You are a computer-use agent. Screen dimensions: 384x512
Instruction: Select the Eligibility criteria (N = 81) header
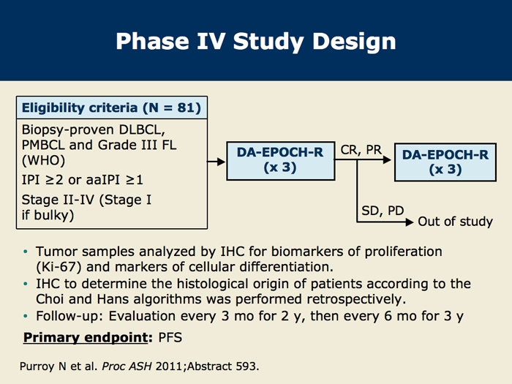[111, 108]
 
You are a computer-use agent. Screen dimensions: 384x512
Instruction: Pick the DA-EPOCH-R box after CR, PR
[445, 162]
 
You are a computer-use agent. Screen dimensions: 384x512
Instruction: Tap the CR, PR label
[361, 150]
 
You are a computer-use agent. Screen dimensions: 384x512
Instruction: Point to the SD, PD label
[383, 211]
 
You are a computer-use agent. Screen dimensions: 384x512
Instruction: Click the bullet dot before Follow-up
[26, 315]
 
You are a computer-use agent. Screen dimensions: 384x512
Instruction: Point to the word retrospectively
[354, 298]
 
